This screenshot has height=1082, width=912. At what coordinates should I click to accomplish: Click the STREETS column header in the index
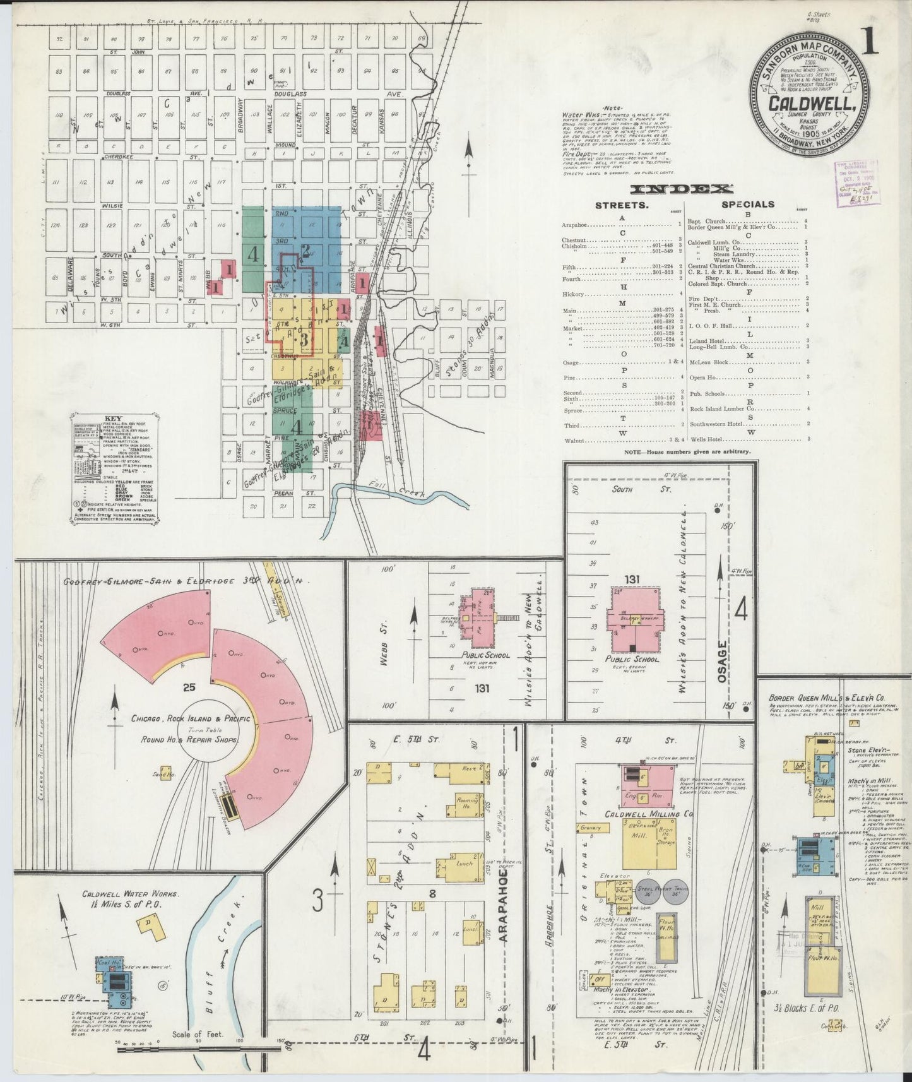click(622, 205)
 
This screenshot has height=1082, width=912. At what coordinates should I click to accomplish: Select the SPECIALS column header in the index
click(748, 205)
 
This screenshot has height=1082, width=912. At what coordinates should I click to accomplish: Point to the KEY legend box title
click(114, 418)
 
